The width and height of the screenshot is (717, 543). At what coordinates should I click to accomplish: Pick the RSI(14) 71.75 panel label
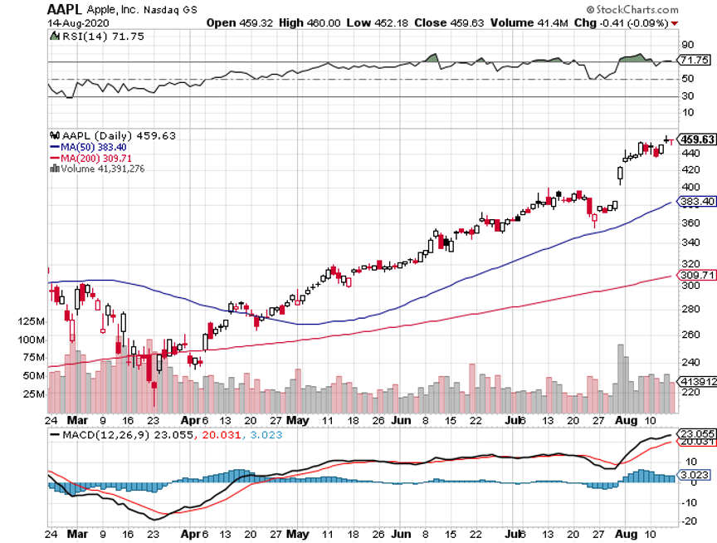90,37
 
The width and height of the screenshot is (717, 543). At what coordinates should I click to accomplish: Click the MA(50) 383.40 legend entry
89,147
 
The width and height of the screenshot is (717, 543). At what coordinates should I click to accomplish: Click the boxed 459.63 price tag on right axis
697,139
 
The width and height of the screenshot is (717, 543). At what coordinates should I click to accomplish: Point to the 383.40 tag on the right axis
697,202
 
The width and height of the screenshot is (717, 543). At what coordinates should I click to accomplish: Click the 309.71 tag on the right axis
697,275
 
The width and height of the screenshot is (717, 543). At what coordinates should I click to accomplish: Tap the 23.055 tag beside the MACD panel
697,433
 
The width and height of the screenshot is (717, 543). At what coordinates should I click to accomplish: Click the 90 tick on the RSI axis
688,45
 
